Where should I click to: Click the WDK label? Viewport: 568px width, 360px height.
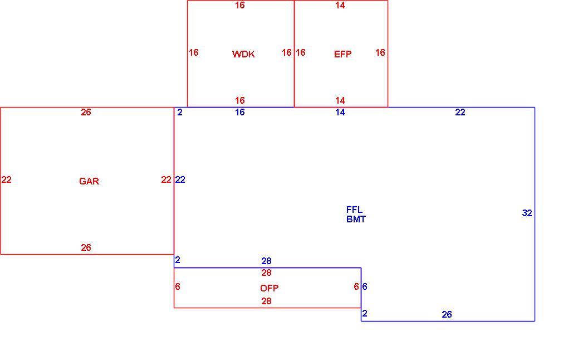click(243, 54)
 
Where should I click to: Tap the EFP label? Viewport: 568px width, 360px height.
click(342, 54)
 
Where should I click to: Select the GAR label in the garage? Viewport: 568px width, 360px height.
click(89, 181)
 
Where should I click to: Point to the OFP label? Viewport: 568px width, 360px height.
click(269, 288)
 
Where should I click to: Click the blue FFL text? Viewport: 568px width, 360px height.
click(354, 210)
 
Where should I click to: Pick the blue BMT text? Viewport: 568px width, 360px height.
click(356, 220)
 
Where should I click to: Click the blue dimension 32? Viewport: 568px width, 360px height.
click(527, 213)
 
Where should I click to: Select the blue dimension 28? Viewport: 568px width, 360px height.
click(266, 261)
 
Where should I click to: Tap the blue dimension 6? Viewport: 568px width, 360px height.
click(365, 286)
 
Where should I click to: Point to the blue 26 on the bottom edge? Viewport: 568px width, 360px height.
click(447, 315)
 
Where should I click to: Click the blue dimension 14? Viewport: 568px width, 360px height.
click(340, 113)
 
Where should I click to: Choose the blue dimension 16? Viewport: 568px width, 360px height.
click(240, 113)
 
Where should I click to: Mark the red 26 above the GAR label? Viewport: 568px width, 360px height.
click(86, 113)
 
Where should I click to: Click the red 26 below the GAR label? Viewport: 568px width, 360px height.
click(86, 247)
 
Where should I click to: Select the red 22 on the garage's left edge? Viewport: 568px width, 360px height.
click(6, 180)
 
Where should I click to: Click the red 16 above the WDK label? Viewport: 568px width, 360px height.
click(240, 6)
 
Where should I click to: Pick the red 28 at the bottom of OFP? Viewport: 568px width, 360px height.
click(266, 301)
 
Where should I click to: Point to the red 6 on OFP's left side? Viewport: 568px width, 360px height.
click(178, 286)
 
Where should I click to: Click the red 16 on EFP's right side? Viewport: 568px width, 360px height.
click(380, 52)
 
